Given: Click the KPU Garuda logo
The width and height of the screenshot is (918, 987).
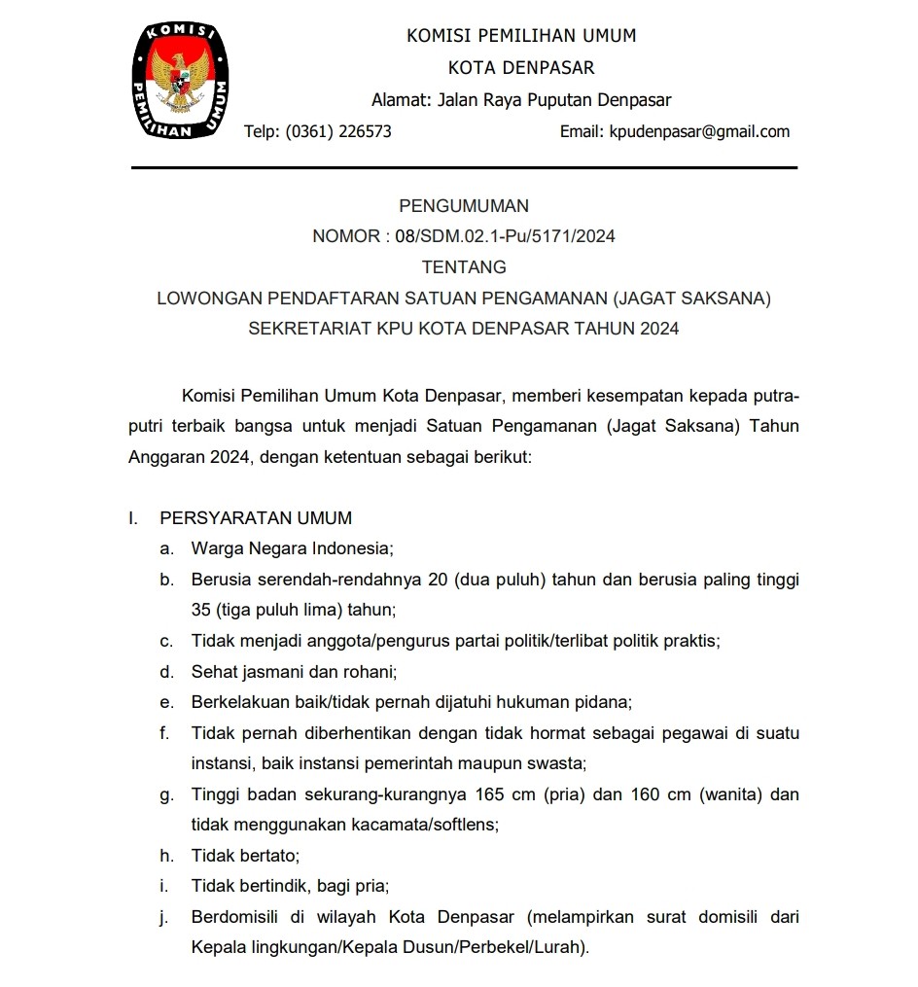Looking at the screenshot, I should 181,82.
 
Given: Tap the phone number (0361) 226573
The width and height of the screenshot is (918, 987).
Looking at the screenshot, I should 338,131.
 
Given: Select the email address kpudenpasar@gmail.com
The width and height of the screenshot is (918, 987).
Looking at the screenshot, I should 699,131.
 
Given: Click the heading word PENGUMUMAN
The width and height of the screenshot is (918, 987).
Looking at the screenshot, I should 464,206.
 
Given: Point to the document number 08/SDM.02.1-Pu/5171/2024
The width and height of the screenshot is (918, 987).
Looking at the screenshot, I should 506,236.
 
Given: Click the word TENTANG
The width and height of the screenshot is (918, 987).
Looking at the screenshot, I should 464,266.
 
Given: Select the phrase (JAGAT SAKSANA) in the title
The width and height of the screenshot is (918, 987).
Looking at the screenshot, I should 693,299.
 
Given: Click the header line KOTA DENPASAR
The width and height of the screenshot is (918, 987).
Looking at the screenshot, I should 521,68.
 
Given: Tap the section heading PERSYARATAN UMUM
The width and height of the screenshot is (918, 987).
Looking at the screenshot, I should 256,518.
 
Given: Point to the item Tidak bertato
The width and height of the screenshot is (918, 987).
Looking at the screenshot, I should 245,856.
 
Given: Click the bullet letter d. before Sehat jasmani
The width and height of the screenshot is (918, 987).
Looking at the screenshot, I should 167,671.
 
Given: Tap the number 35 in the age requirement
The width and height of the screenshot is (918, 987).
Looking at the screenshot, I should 200,610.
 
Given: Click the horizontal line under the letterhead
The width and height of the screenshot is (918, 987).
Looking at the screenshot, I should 464,168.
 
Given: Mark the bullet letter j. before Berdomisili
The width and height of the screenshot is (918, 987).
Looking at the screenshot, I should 166,916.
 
